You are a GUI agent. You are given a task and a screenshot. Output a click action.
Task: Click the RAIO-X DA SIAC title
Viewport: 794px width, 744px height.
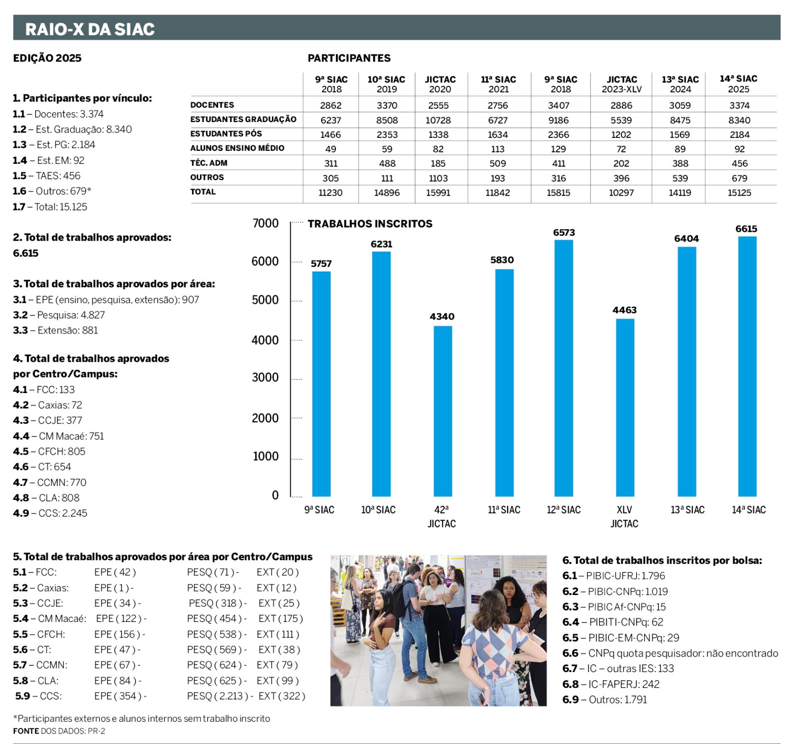90,29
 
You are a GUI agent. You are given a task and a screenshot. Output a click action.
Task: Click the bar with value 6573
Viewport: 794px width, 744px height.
564,368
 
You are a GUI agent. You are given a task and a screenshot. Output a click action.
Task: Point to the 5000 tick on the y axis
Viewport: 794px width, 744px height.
265,300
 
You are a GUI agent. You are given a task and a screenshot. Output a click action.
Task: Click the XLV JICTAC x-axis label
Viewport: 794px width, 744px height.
624,516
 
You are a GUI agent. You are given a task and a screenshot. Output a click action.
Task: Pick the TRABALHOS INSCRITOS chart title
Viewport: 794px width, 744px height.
370,224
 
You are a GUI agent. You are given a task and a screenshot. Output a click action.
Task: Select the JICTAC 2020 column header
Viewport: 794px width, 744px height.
440,84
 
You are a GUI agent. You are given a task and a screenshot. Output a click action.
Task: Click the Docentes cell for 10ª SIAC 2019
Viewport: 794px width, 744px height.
387,105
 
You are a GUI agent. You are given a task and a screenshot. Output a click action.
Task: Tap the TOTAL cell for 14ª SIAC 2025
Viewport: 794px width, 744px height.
739,193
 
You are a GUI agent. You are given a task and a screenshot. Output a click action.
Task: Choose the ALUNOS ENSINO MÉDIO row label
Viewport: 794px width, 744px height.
237,148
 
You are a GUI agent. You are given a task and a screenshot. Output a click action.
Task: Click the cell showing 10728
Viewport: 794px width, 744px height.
438,120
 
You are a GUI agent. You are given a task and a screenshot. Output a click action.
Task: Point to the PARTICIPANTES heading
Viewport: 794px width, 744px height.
349,58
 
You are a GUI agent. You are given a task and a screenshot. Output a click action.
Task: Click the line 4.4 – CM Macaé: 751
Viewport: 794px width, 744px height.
59,436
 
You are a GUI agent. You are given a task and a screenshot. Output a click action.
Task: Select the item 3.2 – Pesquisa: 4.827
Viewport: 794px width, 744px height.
59,315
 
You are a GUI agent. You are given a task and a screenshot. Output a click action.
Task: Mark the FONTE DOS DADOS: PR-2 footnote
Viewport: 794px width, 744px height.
59,731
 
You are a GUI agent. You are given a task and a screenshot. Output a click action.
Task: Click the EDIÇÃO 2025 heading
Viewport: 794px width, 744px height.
47,58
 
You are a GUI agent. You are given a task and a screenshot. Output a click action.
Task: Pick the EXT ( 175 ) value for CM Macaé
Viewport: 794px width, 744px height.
280,618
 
